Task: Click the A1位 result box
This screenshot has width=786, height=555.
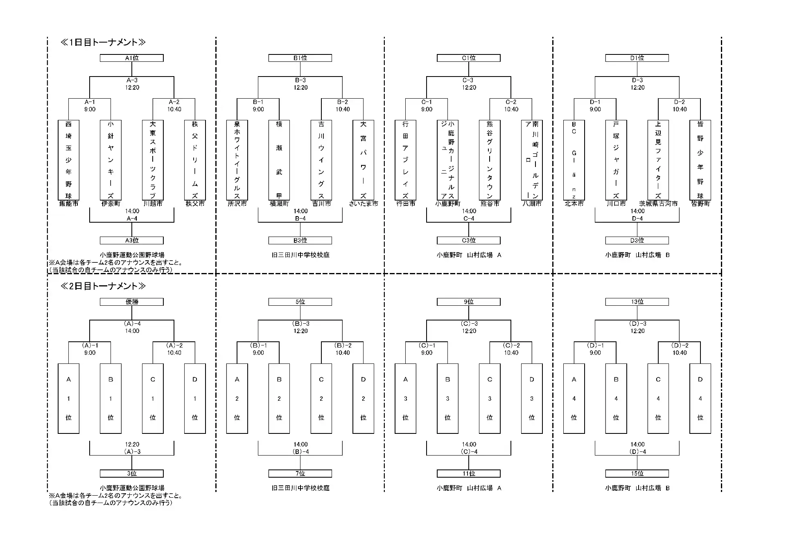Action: pyautogui.click(x=132, y=58)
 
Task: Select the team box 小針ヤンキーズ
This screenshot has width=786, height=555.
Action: pyautogui.click(x=111, y=160)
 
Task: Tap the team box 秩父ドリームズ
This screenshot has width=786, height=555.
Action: pyautogui.click(x=195, y=160)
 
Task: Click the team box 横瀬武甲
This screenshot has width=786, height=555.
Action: pyautogui.click(x=279, y=160)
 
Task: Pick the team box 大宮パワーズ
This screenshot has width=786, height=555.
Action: pyautogui.click(x=363, y=160)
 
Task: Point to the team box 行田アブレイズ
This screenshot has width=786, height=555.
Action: pyautogui.click(x=405, y=160)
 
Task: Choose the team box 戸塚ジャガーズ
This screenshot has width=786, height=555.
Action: pyautogui.click(x=616, y=160)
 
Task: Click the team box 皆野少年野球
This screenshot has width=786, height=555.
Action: pyautogui.click(x=700, y=160)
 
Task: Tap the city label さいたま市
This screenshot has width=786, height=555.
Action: pyautogui.click(x=364, y=204)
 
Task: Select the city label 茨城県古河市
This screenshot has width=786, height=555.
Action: pyautogui.click(x=658, y=204)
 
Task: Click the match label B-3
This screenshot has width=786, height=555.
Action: pyautogui.click(x=300, y=80)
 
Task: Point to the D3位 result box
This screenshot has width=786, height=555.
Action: pyautogui.click(x=637, y=240)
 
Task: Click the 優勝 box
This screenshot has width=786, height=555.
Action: pyautogui.click(x=132, y=302)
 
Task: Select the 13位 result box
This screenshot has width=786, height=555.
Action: pyautogui.click(x=637, y=302)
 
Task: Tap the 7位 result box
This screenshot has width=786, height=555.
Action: pyautogui.click(x=300, y=474)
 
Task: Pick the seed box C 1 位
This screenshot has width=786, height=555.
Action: pyautogui.click(x=153, y=398)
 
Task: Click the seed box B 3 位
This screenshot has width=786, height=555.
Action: pyautogui.click(x=447, y=398)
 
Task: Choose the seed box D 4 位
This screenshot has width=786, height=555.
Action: pyautogui.click(x=700, y=398)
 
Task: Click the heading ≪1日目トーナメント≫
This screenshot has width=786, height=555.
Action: pyautogui.click(x=103, y=42)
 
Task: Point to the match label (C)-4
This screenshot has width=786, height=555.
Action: pyautogui.click(x=469, y=452)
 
